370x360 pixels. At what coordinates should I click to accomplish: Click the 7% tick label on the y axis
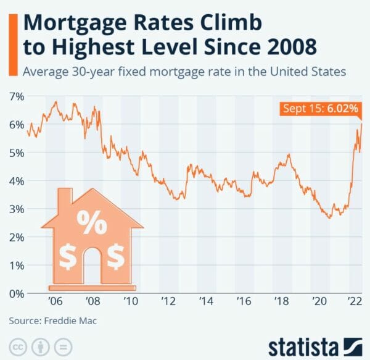point(16,96)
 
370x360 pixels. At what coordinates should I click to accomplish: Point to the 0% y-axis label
point(16,293)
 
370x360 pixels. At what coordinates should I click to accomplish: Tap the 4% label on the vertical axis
point(16,181)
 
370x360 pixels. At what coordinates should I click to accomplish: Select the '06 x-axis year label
point(55,303)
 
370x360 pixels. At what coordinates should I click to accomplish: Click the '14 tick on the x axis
point(207,303)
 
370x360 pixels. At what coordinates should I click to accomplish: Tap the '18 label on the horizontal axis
point(282,303)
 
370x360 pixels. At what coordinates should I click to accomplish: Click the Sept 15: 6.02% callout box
point(320,109)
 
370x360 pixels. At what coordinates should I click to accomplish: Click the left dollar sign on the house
point(68,256)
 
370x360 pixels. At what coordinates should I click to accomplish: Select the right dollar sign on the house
point(115,256)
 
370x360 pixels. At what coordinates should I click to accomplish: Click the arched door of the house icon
point(92,262)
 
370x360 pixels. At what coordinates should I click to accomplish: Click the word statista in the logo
point(303,343)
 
